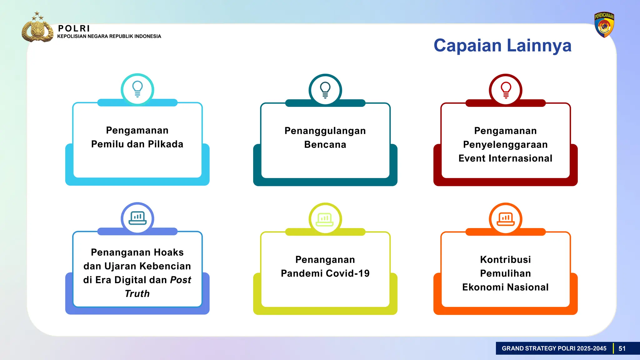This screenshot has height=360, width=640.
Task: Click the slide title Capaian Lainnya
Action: click(502, 46)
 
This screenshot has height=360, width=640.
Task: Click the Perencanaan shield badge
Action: click(604, 25)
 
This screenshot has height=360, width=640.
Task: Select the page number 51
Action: click(622, 348)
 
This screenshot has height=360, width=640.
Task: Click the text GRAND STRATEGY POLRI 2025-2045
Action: click(554, 348)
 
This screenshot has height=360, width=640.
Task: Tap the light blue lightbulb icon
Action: click(137, 89)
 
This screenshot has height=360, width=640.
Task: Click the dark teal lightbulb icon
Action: click(325, 90)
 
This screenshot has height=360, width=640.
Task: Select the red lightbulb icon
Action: click(506, 90)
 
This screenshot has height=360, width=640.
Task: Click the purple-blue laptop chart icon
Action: click(137, 218)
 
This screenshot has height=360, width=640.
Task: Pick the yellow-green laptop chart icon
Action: click(325, 219)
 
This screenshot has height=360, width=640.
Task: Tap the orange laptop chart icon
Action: click(506, 219)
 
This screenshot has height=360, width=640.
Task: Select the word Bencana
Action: click(325, 145)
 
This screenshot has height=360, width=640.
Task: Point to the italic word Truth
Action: click(137, 294)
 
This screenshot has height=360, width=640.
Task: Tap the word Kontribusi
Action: click(505, 260)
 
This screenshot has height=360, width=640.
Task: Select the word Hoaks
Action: click(169, 252)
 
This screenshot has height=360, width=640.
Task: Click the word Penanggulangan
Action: click(325, 131)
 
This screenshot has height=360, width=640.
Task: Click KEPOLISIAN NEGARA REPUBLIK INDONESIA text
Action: click(109, 37)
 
